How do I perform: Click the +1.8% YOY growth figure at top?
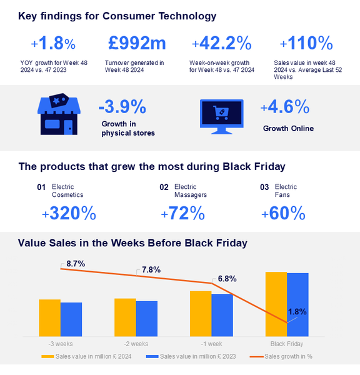tap(53, 43)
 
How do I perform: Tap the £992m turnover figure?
tap(137, 43)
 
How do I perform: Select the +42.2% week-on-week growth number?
tap(221, 43)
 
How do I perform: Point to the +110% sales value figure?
tap(306, 43)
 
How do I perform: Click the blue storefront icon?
tap(59, 116)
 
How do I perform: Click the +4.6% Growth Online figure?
tap(285, 107)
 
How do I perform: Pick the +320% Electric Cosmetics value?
tap(69, 214)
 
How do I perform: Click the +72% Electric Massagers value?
tap(182, 214)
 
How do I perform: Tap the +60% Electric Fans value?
tap(283, 214)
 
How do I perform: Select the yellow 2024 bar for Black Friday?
tap(276, 304)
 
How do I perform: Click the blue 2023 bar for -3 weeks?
tap(71, 319)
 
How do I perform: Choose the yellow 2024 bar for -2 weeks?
tap(125, 317)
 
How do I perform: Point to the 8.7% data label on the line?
tap(75, 264)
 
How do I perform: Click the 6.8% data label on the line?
tap(226, 279)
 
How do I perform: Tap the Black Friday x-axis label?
tap(287, 344)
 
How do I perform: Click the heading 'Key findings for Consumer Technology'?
tap(117, 16)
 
